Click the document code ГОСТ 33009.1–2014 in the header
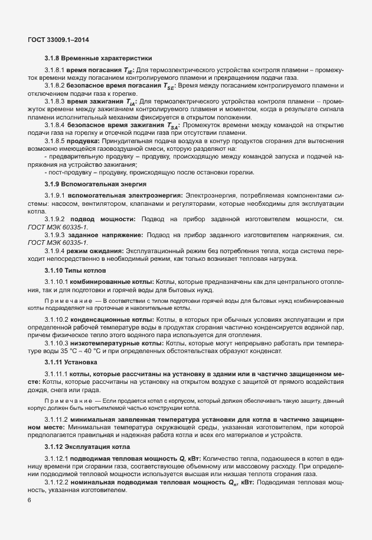pos(58,40)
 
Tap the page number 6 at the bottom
pos(30,500)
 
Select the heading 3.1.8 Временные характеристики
pos(98,59)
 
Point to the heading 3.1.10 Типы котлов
pos(75,287)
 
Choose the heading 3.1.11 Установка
pos(73,361)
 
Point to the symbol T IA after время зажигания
pos(132,101)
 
